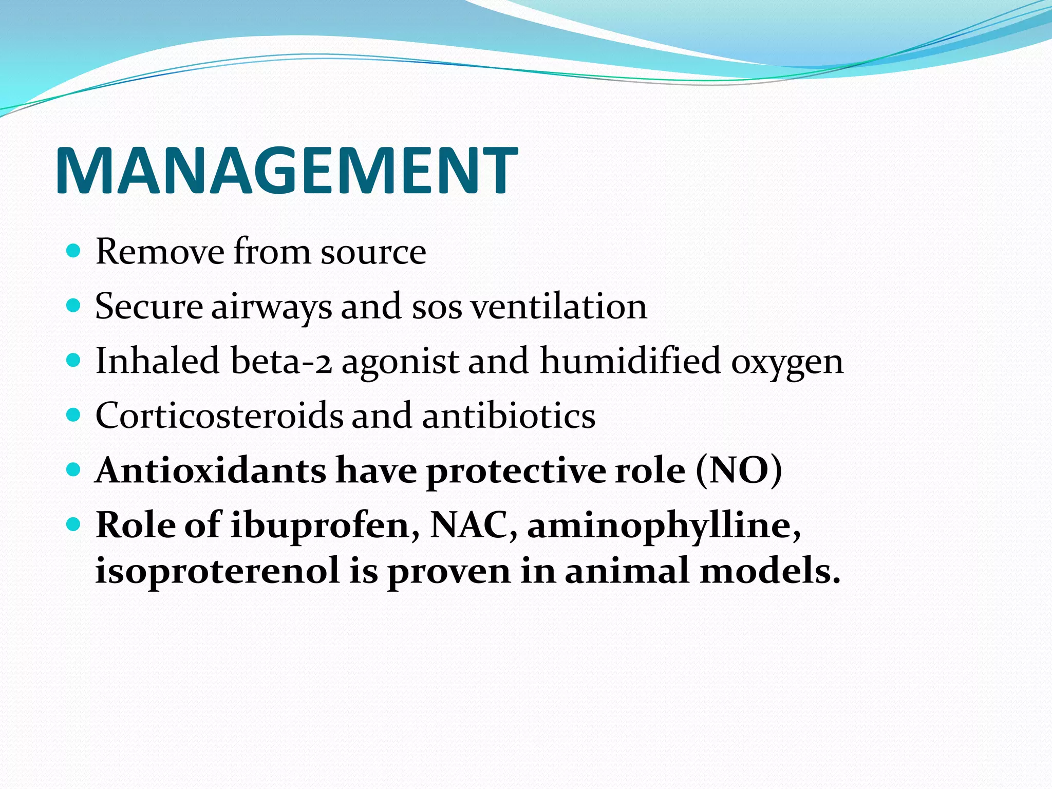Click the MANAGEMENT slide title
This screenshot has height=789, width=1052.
click(x=286, y=171)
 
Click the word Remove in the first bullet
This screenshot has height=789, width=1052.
click(x=160, y=252)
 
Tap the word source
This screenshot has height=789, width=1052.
click(x=373, y=253)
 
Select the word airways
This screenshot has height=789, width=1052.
click(x=271, y=307)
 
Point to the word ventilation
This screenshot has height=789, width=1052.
click(x=559, y=307)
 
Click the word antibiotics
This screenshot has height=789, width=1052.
click(x=509, y=416)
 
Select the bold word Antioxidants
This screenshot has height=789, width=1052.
click(x=211, y=471)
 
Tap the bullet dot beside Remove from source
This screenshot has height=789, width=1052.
click(x=74, y=251)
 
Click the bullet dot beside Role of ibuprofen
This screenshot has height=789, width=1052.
click(x=74, y=524)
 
